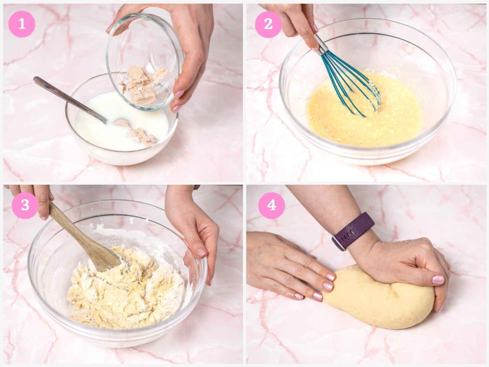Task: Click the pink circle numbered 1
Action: point(22,24)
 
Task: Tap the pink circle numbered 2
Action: point(268,24)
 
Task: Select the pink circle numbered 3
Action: point(25,205)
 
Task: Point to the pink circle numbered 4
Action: point(272,205)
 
